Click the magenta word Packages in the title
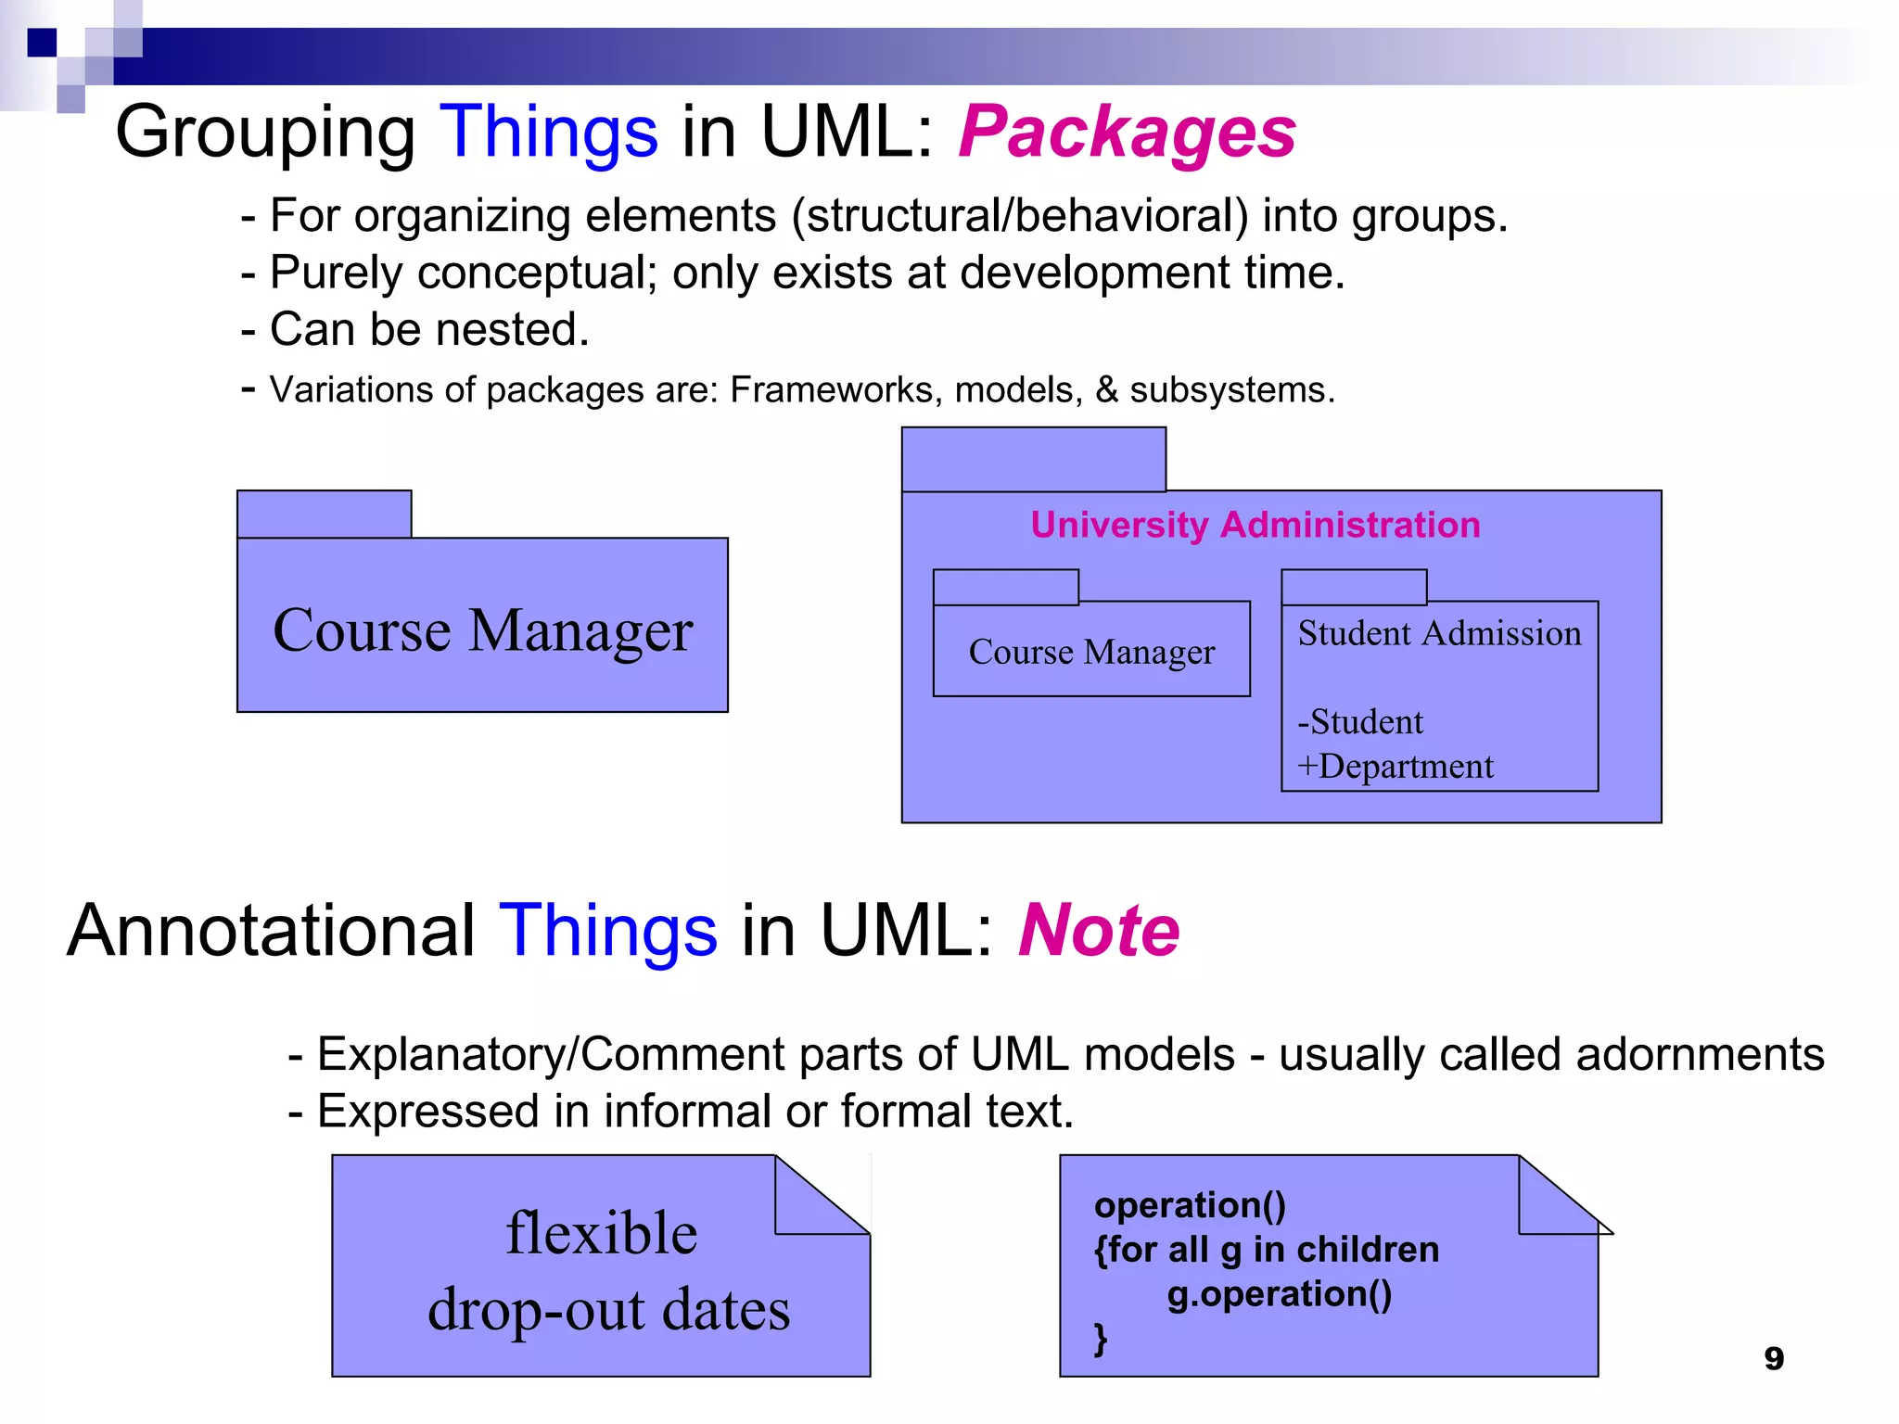pos(1126,132)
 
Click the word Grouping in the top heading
pos(265,132)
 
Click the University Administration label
pos(1255,525)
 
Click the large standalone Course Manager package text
pos(482,630)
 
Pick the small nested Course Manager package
pos(1091,652)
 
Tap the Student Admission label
pos(1439,633)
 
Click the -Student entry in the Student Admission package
pos(1360,721)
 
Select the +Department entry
pos(1396,767)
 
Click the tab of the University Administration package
pos(1033,459)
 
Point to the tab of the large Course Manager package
pos(324,514)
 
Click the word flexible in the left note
pos(602,1233)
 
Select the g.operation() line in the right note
pos(1279,1293)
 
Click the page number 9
pos(1773,1358)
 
